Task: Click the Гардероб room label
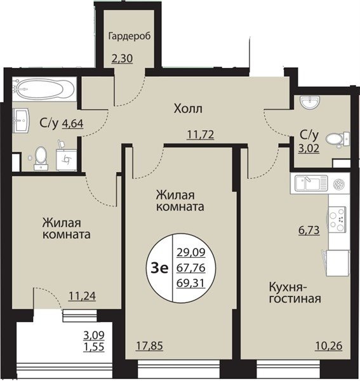(x=130, y=36)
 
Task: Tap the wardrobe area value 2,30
(x=122, y=58)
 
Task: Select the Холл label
(x=188, y=109)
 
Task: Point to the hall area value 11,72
(x=201, y=135)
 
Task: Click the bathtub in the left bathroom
(x=44, y=88)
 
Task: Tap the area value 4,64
(x=73, y=123)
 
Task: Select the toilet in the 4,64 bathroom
(x=41, y=157)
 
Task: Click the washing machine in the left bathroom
(x=66, y=159)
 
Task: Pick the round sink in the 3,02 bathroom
(x=310, y=102)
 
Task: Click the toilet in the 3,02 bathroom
(x=337, y=140)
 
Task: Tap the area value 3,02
(x=309, y=148)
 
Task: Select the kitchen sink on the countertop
(x=311, y=183)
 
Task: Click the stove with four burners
(x=337, y=218)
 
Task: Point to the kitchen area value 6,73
(x=309, y=230)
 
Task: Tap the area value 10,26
(x=329, y=346)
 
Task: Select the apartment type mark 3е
(x=159, y=268)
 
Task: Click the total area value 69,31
(x=191, y=283)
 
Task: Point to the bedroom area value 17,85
(x=149, y=346)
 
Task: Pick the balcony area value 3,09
(x=94, y=335)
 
